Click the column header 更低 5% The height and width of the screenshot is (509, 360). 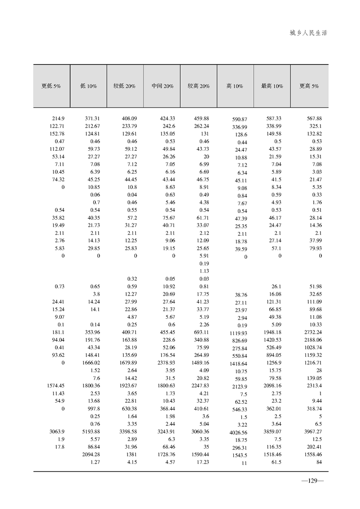pos(51,86)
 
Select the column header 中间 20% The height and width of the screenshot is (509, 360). pos(162,86)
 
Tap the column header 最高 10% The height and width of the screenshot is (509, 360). pos(272,86)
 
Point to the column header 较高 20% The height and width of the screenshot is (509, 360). pos(198,86)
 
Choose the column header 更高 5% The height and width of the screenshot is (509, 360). pos(309,86)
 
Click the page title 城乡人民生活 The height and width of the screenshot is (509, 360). pos(308,33)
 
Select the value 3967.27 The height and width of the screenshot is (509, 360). pos(311,431)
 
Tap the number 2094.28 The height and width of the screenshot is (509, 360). pos(91,455)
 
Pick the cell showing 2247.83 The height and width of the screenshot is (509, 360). pos(200,385)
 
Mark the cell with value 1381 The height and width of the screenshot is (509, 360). pos(130,455)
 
